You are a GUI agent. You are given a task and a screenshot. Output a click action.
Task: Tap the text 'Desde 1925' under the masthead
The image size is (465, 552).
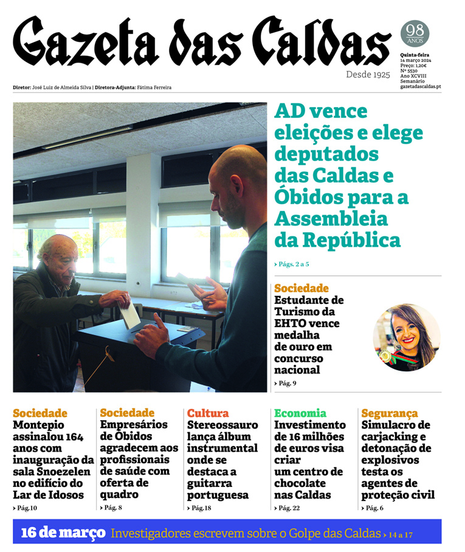[368, 74]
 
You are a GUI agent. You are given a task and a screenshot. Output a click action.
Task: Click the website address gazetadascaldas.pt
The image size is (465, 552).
[421, 87]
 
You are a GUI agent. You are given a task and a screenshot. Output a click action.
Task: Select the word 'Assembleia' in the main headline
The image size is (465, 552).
[331, 218]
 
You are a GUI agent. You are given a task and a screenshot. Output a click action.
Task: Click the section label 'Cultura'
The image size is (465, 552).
[208, 413]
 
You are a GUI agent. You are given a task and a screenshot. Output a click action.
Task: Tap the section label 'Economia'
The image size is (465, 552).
[300, 413]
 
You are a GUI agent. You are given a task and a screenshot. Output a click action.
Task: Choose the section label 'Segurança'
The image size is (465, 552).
[389, 413]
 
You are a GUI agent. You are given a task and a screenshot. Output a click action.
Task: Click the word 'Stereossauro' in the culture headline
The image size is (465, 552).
[223, 425]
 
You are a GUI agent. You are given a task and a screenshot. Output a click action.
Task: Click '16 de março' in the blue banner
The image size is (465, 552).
[63, 533]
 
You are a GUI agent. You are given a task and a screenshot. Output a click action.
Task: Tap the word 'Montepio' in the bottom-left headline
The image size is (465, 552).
[39, 425]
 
